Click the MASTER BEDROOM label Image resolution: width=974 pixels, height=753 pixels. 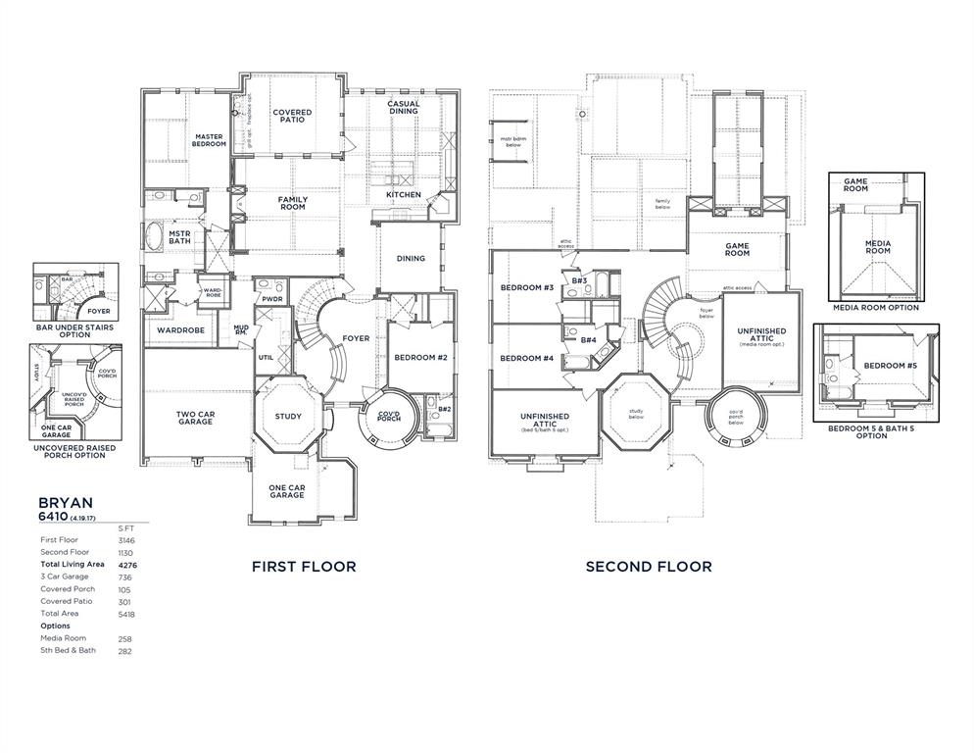[210, 140]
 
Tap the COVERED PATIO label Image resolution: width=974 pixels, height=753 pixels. [292, 116]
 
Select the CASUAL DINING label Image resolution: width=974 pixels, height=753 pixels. [403, 107]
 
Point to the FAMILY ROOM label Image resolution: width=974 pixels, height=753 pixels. [292, 203]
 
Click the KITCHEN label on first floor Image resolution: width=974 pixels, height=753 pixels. [403, 194]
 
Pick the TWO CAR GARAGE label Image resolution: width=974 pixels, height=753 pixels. [195, 418]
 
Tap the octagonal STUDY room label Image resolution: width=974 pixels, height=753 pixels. [288, 416]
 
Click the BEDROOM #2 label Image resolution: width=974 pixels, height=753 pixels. [420, 358]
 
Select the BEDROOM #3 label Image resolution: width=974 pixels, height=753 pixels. [527, 287]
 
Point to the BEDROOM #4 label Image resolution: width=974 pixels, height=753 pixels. [527, 358]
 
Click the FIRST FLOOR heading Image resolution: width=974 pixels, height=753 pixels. [304, 566]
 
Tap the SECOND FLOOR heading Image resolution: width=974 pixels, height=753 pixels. [649, 566]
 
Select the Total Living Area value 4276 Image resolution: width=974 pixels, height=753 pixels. [126, 565]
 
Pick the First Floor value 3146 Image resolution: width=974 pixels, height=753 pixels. [126, 540]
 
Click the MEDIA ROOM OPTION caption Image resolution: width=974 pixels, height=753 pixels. [876, 307]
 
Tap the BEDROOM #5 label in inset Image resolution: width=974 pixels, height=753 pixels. [891, 366]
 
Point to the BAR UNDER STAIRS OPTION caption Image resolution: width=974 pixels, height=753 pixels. [74, 330]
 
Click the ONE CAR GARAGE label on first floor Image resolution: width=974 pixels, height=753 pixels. [287, 491]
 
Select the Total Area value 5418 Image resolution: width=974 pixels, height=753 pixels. [126, 614]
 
